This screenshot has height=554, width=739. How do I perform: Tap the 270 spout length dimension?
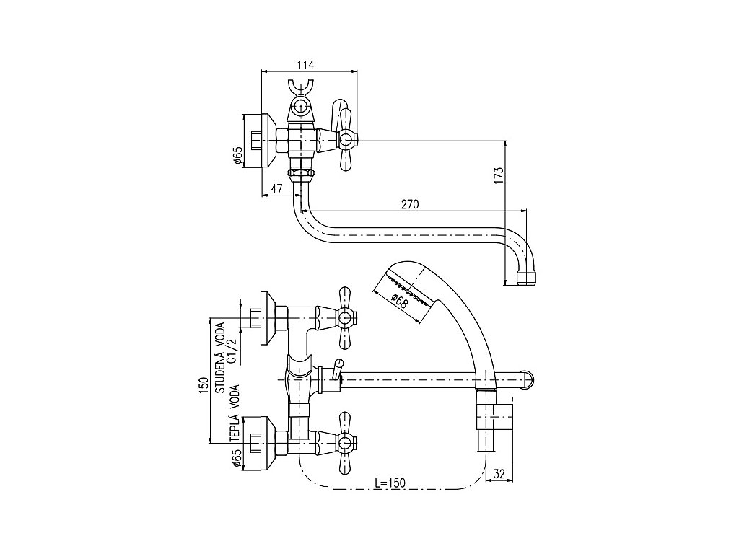click(409, 204)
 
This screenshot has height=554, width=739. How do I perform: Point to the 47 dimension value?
click(276, 189)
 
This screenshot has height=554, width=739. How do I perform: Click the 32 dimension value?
click(499, 474)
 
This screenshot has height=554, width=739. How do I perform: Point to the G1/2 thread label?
click(232, 348)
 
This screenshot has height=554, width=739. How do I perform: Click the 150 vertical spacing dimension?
click(204, 385)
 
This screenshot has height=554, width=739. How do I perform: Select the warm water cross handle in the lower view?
click(345, 441)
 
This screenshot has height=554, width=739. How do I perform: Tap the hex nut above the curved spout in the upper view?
click(300, 174)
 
